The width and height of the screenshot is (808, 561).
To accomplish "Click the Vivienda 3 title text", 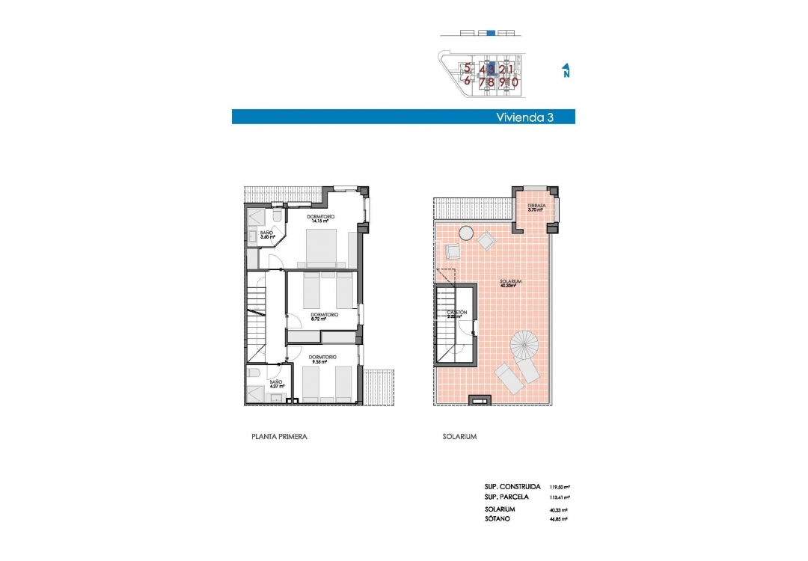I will (524, 117).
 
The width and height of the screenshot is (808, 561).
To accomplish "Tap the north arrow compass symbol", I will (566, 71).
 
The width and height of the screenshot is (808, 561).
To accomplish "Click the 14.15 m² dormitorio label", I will (321, 218).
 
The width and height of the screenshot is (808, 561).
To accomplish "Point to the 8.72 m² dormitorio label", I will (324, 316).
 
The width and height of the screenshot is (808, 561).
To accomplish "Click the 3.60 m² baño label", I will (267, 235).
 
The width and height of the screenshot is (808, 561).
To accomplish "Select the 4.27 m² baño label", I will (276, 384).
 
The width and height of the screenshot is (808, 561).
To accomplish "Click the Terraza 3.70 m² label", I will (535, 207).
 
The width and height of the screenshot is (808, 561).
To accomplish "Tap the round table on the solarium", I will (465, 233).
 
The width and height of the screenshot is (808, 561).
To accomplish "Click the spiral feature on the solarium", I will (524, 346).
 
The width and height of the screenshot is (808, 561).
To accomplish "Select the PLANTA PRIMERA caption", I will (279, 436).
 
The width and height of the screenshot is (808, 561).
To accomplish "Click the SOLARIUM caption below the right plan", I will (459, 436).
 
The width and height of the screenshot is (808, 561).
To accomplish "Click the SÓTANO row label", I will (498, 518).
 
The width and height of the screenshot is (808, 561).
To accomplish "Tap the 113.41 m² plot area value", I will (560, 497).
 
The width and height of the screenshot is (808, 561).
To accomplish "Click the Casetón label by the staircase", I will (457, 313).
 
